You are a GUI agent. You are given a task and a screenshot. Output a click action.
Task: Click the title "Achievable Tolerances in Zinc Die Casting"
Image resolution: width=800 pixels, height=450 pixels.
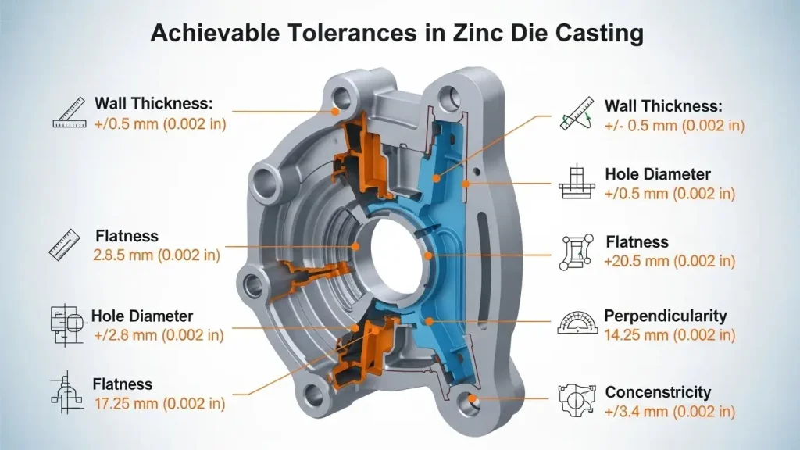pyautogui.click(x=398, y=32)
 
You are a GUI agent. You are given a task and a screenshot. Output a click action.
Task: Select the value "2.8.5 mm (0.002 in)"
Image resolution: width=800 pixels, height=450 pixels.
pyautogui.click(x=157, y=255)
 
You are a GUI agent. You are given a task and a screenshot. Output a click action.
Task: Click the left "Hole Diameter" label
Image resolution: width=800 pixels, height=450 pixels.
pyautogui.click(x=142, y=316)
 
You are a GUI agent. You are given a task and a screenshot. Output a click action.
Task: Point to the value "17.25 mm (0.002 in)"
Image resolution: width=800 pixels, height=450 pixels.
pyautogui.click(x=159, y=404)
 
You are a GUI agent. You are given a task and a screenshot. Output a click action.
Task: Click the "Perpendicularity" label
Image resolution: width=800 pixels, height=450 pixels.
pyautogui.click(x=666, y=316)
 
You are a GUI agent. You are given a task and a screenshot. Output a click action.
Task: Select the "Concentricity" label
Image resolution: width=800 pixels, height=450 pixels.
pyautogui.click(x=659, y=392)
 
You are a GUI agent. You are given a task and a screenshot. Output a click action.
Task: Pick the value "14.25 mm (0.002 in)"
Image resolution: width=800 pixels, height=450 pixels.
pyautogui.click(x=670, y=335)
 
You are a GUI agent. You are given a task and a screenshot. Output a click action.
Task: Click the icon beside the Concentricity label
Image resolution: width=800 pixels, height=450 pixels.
pyautogui.click(x=578, y=399)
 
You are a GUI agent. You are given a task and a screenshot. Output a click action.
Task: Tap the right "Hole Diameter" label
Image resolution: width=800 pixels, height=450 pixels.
pyautogui.click(x=658, y=174)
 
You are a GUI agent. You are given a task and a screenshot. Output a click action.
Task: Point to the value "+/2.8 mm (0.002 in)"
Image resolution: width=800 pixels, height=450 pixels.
pyautogui.click(x=158, y=335)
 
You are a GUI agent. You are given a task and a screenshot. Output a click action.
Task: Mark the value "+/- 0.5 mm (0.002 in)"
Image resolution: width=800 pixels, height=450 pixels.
pyautogui.click(x=674, y=125)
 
